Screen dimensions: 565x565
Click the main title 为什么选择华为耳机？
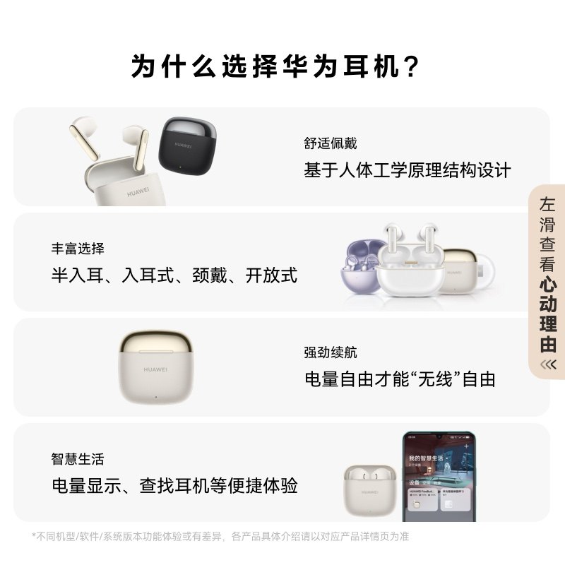pos(275,68)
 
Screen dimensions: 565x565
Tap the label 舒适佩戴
pos(331,143)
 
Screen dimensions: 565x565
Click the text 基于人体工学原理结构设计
pos(407,170)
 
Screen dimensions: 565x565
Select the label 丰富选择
pos(78,249)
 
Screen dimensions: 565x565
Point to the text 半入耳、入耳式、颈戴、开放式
pos(174,275)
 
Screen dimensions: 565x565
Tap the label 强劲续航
pos(331,352)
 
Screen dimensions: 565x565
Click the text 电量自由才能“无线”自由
pos(400,379)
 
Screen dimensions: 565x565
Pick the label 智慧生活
pos(78,459)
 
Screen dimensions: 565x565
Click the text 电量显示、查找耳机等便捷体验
pos(174,486)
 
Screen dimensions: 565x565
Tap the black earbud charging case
pos(185,147)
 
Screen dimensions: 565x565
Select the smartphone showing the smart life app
pos(439,477)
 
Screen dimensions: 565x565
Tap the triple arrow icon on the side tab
pos(548,364)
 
